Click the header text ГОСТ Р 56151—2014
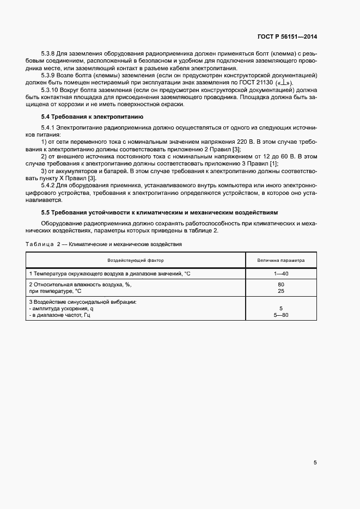point(287,37)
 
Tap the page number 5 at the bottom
point(315,463)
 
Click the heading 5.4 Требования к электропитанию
point(92,117)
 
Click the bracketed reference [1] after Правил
point(273,164)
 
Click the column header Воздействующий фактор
point(136,260)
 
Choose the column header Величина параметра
point(281,260)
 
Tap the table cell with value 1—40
point(281,273)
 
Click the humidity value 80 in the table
point(281,284)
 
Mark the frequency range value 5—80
point(281,315)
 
